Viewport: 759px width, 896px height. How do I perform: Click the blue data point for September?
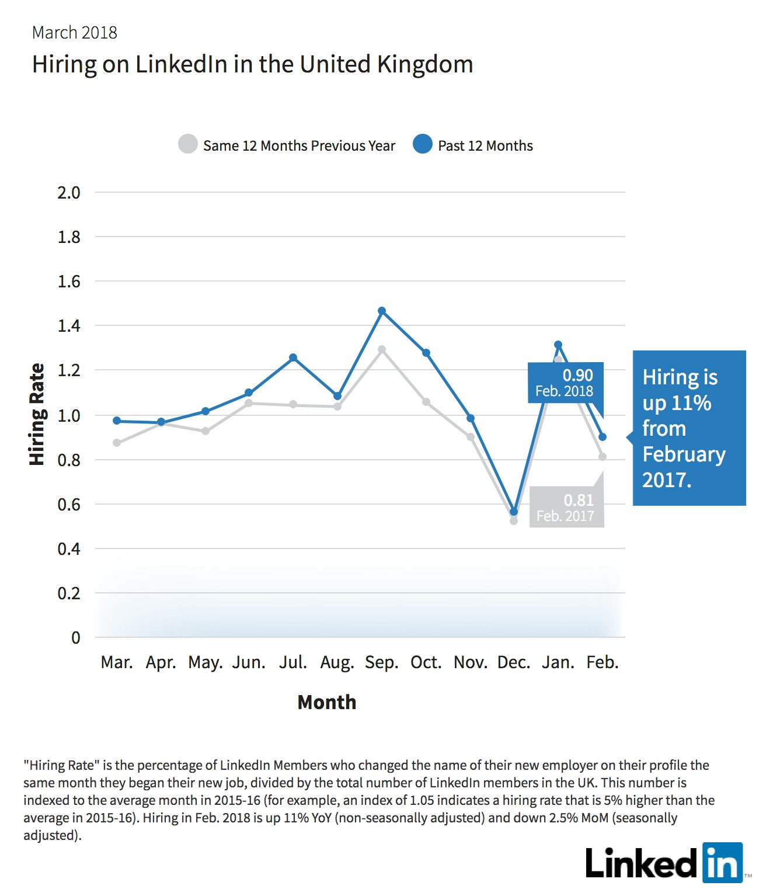pyautogui.click(x=382, y=311)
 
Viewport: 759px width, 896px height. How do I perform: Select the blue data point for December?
pyautogui.click(x=514, y=512)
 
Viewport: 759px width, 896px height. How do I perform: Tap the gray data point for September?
pyautogui.click(x=382, y=349)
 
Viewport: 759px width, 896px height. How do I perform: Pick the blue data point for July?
pyautogui.click(x=293, y=357)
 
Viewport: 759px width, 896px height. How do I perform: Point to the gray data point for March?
pyautogui.click(x=117, y=443)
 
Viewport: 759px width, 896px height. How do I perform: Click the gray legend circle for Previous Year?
pyautogui.click(x=188, y=144)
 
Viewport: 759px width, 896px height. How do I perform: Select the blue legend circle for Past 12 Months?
pyautogui.click(x=422, y=144)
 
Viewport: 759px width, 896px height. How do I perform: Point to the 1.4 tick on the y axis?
pyautogui.click(x=69, y=325)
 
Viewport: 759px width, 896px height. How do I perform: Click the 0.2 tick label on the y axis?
pyautogui.click(x=69, y=593)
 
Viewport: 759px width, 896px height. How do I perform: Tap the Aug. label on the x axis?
pyautogui.click(x=337, y=662)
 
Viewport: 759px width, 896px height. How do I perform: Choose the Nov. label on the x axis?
pyautogui.click(x=471, y=662)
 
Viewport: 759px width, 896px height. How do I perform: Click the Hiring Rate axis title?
pyautogui.click(x=37, y=414)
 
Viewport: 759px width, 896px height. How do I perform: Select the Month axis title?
pyautogui.click(x=326, y=702)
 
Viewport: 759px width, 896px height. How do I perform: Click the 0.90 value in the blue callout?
pyautogui.click(x=577, y=375)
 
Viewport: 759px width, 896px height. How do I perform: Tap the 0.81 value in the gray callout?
pyautogui.click(x=579, y=500)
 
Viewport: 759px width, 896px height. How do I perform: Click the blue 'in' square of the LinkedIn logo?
pyautogui.click(x=723, y=863)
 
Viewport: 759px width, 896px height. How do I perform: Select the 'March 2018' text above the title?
pyautogui.click(x=75, y=33)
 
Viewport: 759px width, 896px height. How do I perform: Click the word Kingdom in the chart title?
pyautogui.click(x=424, y=65)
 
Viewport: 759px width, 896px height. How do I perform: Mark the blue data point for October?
pyautogui.click(x=426, y=353)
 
